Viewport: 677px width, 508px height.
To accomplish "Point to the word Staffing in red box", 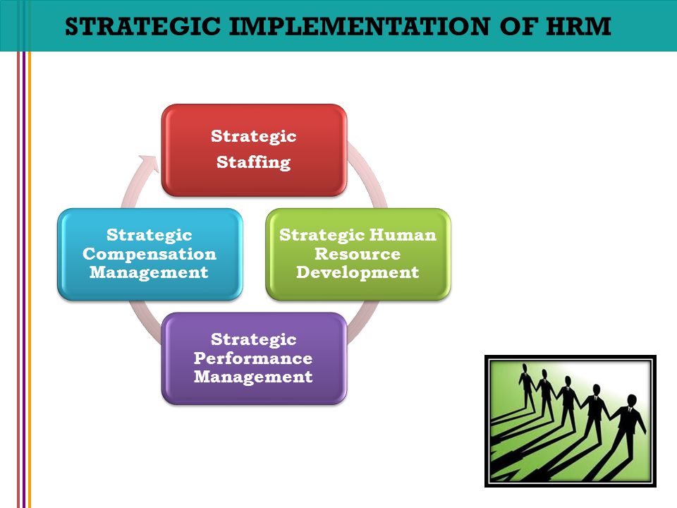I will [x=254, y=163].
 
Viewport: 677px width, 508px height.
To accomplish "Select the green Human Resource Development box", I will [x=358, y=254].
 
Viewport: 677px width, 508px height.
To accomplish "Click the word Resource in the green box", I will [x=358, y=254].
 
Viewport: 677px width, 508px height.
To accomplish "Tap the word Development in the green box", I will [x=358, y=272].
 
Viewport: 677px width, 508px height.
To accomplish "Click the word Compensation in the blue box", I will [x=150, y=253].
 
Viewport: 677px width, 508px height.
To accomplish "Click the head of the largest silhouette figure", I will [x=631, y=400].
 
